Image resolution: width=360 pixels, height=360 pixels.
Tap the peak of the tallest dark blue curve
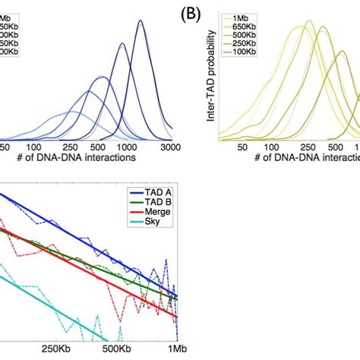tap(141, 21)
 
